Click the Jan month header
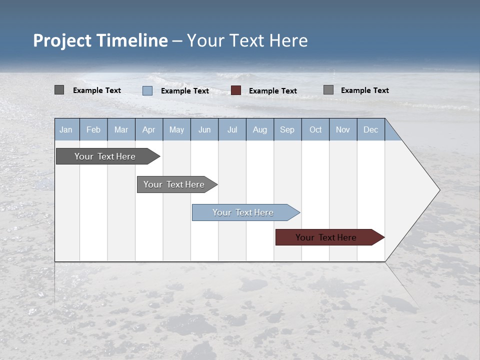(x=66, y=129)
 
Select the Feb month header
(x=93, y=129)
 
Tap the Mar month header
(x=121, y=129)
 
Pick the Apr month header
(x=149, y=129)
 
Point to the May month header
(x=176, y=129)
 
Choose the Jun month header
(x=204, y=129)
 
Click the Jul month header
(x=232, y=129)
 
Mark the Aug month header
(x=260, y=129)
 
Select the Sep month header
(x=287, y=129)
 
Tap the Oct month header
(x=315, y=129)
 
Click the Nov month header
(x=343, y=129)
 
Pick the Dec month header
(x=371, y=129)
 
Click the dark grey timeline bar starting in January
(x=105, y=156)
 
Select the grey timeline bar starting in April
(x=174, y=184)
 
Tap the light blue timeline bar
(x=243, y=212)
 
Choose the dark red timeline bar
(x=326, y=237)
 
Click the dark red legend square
(x=236, y=90)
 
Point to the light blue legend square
(x=147, y=90)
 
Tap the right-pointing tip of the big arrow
(x=438, y=190)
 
